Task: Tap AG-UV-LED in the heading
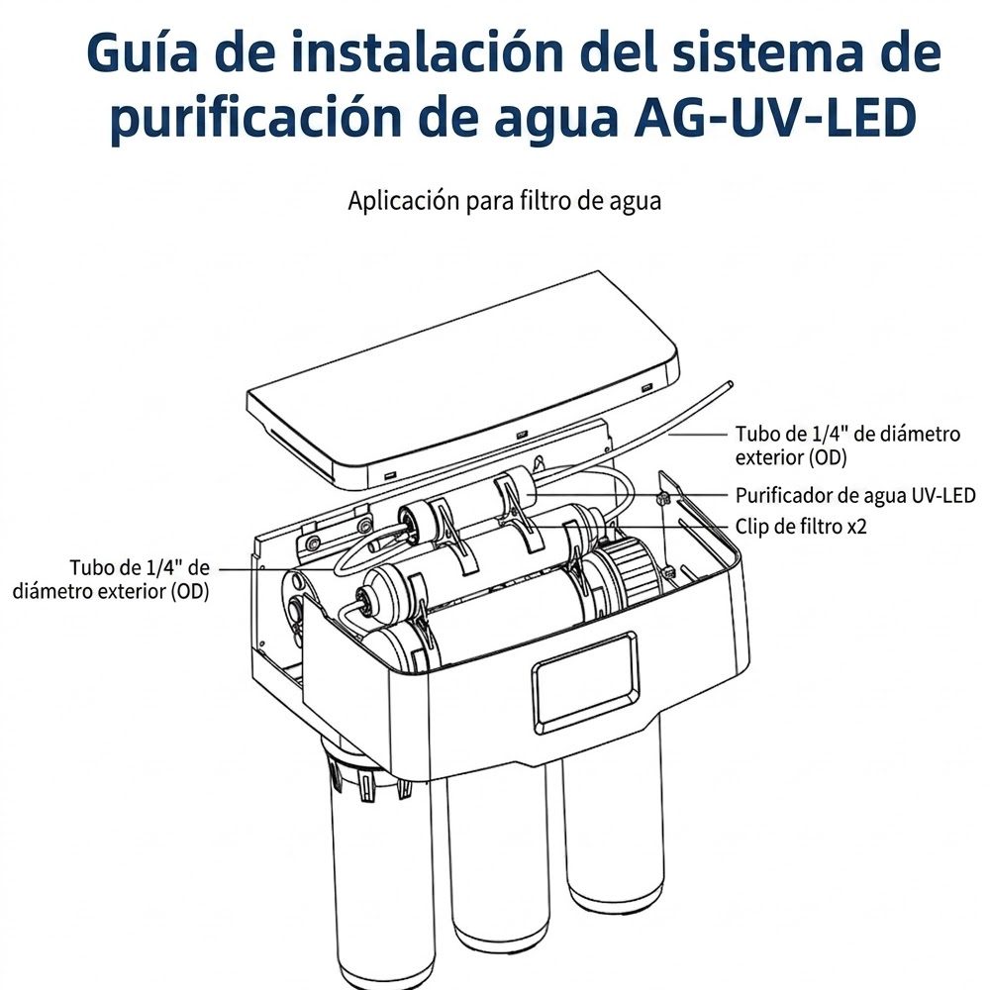coord(775,118)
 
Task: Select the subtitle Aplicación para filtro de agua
coord(505,201)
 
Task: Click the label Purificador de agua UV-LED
coord(855,496)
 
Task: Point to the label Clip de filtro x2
coord(801,526)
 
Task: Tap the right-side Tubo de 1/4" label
coord(847,445)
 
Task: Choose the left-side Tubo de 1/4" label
coord(111,579)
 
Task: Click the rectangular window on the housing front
coord(584,677)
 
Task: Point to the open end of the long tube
coord(730,383)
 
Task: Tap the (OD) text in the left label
coord(189,592)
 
